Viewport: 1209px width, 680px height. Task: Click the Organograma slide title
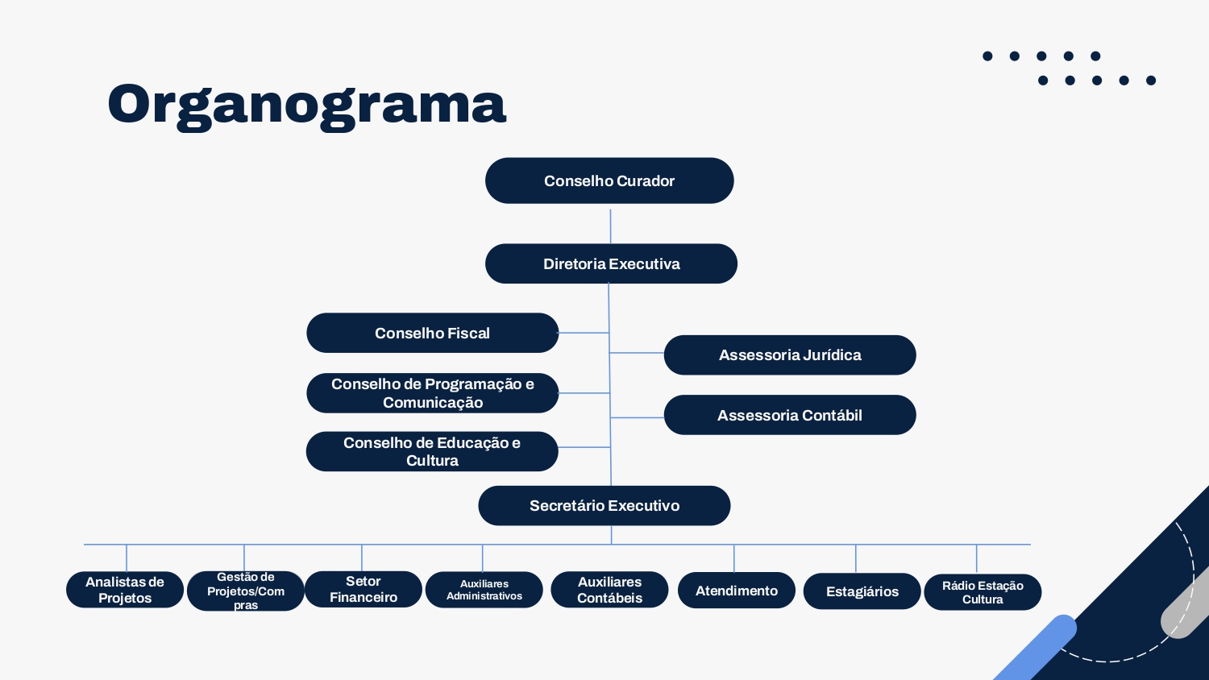pyautogui.click(x=306, y=106)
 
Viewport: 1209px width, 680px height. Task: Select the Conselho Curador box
pyautogui.click(x=609, y=180)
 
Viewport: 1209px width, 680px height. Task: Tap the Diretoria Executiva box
pyautogui.click(x=611, y=264)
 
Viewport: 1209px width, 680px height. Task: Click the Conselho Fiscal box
pyautogui.click(x=432, y=333)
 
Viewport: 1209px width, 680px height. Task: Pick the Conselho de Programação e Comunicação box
pyautogui.click(x=432, y=393)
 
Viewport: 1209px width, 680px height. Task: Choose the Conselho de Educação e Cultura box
pyautogui.click(x=432, y=451)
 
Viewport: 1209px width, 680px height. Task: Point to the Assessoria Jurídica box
pyautogui.click(x=790, y=355)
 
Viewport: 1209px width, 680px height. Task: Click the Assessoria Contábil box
pyautogui.click(x=790, y=415)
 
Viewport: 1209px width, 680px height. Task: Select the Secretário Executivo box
pyautogui.click(x=604, y=506)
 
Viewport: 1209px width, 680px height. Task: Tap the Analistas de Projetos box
pyautogui.click(x=125, y=590)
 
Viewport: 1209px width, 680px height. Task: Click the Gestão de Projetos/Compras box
pyautogui.click(x=246, y=591)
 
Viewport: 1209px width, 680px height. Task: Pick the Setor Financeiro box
pyautogui.click(x=364, y=589)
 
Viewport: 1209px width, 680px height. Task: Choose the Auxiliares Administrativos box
pyautogui.click(x=484, y=590)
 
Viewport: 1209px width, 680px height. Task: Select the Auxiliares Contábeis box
pyautogui.click(x=609, y=590)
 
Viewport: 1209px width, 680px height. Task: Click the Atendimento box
pyautogui.click(x=736, y=591)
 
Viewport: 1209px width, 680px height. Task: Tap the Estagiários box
pyautogui.click(x=862, y=591)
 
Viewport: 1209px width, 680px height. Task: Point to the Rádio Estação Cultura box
pyautogui.click(x=983, y=592)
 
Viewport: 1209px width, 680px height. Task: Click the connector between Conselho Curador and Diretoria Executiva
pyautogui.click(x=610, y=226)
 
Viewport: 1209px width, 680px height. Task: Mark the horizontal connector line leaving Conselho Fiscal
pyautogui.click(x=584, y=333)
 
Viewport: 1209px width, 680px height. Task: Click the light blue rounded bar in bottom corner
pyautogui.click(x=1033, y=649)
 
